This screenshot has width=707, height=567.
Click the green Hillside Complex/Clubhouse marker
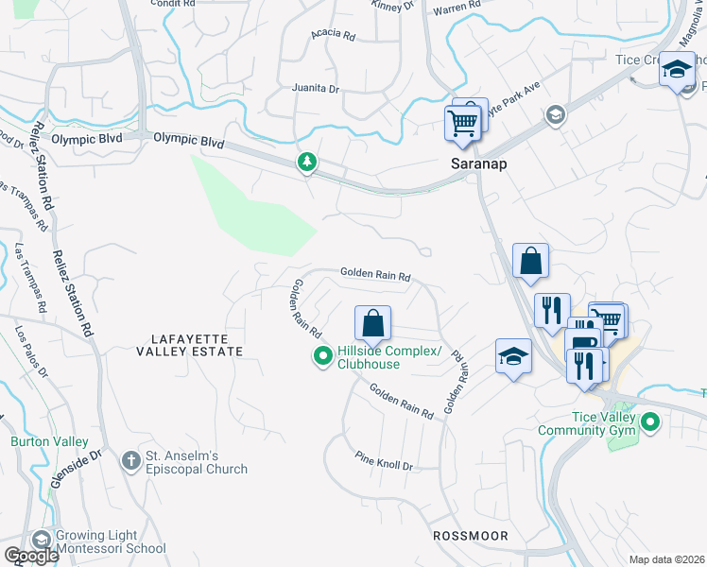pos(322,356)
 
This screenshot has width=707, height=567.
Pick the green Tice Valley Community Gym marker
pos(650,422)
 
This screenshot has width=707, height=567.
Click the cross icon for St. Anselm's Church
pos(131,461)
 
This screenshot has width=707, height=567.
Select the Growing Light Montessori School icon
pos(41,540)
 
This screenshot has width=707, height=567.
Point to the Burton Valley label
pos(49,441)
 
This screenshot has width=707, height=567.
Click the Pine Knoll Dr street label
pos(385,466)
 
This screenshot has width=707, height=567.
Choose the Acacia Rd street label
pos(333,36)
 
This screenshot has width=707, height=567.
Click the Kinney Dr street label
pos(395,6)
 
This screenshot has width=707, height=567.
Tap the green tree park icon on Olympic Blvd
pos(306,163)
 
